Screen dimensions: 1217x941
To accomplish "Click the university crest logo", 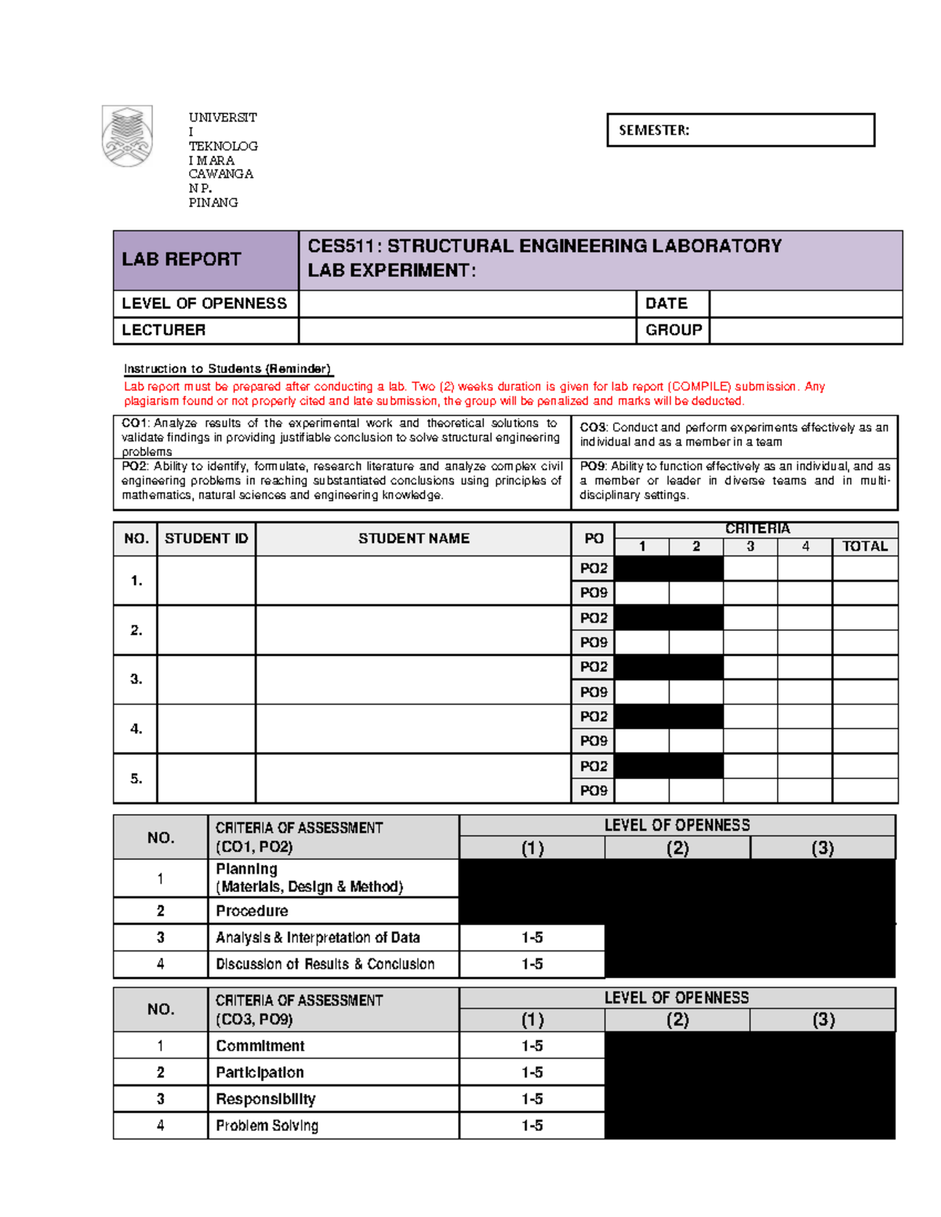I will pyautogui.click(x=127, y=136).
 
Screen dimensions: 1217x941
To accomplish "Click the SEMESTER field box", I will pyautogui.click(x=740, y=130).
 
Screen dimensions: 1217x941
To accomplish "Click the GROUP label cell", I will pyautogui.click(x=672, y=330).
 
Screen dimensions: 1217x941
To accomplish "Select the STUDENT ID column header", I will pyautogui.click(x=206, y=538).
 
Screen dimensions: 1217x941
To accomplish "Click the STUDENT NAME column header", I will pyautogui.click(x=413, y=538).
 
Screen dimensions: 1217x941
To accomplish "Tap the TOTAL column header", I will pyautogui.click(x=864, y=546).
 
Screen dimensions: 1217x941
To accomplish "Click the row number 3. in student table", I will pyautogui.click(x=136, y=679).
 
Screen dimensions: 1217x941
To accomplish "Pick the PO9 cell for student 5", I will pyautogui.click(x=593, y=791).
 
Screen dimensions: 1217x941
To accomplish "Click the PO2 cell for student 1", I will pyautogui.click(x=593, y=568).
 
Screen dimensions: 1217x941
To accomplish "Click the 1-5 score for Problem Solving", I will pyautogui.click(x=532, y=1125).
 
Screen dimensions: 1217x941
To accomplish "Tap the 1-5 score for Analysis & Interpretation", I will pyautogui.click(x=532, y=937).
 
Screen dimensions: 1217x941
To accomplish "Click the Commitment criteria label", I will pyautogui.click(x=260, y=1045).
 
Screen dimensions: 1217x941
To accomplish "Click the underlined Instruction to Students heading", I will pyautogui.click(x=227, y=369).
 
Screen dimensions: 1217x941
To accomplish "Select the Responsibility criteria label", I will pyautogui.click(x=265, y=1099).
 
